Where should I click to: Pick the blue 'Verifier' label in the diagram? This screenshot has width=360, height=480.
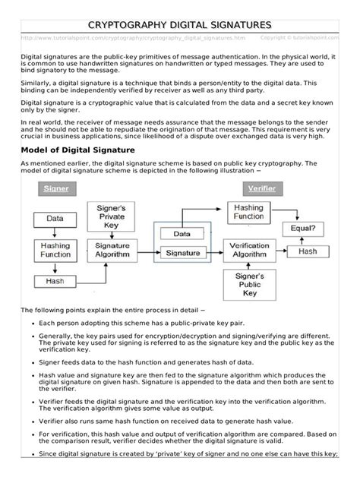point(261,188)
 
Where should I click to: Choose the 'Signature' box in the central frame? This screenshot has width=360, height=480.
point(182,252)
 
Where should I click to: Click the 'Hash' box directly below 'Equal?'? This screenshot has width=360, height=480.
point(308,251)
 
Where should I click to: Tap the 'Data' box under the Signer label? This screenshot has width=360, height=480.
point(54,217)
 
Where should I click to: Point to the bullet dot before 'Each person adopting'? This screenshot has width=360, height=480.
point(28,324)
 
